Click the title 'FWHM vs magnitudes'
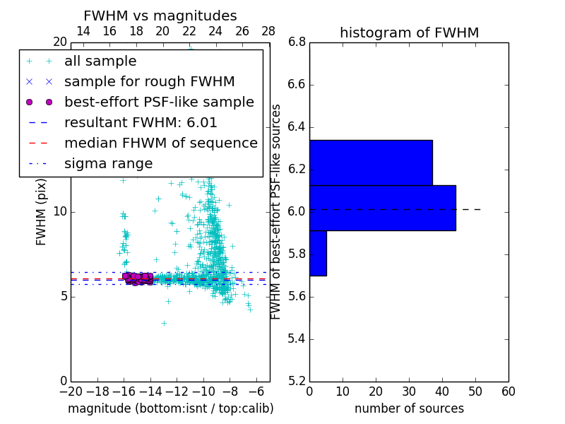[x=160, y=16]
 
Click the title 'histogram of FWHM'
[x=409, y=33]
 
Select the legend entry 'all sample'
[x=100, y=61]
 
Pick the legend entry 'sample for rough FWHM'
[x=149, y=82]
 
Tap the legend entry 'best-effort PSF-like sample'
[x=159, y=102]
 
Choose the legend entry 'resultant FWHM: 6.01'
[x=141, y=123]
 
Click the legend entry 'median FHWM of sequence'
[x=160, y=143]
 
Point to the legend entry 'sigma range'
[x=108, y=164]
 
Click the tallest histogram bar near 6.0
[x=382, y=208]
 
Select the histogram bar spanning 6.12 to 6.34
[x=371, y=163]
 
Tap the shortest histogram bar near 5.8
[x=318, y=253]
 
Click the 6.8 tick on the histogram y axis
[x=297, y=42]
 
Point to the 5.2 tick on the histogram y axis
[x=297, y=381]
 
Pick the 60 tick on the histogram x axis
[x=508, y=391]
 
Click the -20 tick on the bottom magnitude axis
[x=71, y=391]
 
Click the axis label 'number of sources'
[x=409, y=408]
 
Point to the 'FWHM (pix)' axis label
[x=42, y=211]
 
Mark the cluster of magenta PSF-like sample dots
[x=138, y=278]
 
